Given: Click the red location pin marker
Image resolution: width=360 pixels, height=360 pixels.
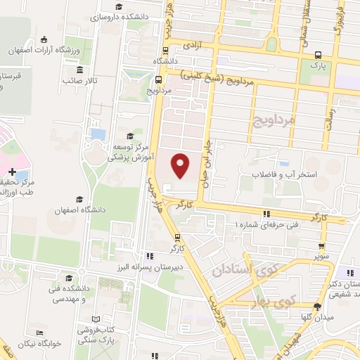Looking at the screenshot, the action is click(181, 166).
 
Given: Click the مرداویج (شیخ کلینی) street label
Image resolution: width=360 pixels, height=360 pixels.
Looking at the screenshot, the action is click(214, 78).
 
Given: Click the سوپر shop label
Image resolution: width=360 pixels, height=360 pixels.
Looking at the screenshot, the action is click(322, 257).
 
